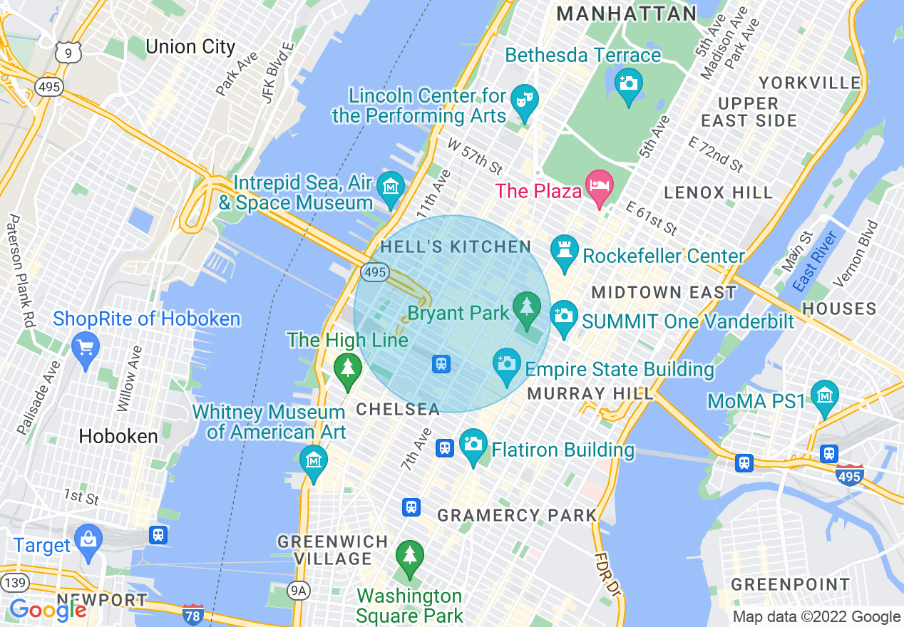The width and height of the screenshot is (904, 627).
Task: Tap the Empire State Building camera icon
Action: [x=507, y=364]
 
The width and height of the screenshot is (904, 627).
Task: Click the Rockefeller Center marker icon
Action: [x=564, y=250]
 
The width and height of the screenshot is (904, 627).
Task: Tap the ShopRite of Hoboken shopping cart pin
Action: [x=86, y=348]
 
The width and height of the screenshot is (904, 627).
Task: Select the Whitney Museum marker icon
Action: [x=314, y=460]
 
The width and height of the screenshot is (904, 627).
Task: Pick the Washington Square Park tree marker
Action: [x=409, y=556]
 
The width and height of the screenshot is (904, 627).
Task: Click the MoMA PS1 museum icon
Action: [x=825, y=396]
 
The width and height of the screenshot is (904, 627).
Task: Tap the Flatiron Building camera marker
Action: [x=473, y=445]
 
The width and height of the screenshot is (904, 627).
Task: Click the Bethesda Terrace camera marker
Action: [x=628, y=83]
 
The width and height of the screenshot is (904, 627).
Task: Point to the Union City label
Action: [x=190, y=47]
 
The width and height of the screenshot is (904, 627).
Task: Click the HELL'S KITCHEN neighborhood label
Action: [x=456, y=247]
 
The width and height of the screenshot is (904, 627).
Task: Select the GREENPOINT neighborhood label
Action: [x=791, y=585]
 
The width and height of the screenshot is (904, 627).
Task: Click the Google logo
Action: [x=47, y=610]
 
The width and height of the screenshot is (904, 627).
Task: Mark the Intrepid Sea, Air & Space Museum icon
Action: [x=391, y=187]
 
